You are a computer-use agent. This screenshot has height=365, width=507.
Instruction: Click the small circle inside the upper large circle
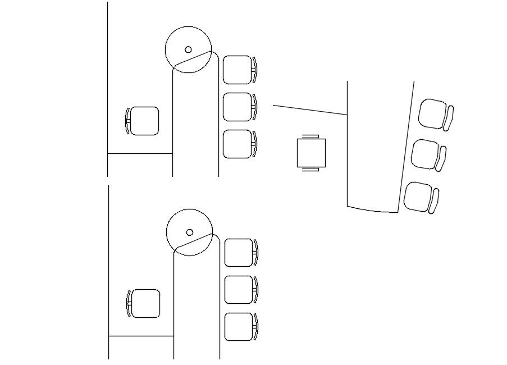188,49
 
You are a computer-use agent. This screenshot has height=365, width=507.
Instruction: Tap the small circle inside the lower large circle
190,232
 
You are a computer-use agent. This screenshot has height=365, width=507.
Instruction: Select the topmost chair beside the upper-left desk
238,70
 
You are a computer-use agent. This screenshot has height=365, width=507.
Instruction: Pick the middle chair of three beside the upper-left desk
238,107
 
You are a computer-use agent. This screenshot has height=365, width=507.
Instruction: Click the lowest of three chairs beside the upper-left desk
238,144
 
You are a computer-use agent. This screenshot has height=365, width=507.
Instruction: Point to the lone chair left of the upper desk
144,121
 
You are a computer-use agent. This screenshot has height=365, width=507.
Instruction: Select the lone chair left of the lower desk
145,303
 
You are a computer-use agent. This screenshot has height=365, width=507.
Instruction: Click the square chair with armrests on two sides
311,153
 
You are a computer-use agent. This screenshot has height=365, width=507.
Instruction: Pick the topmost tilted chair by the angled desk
433,113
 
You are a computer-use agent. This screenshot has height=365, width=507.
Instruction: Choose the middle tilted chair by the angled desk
426,154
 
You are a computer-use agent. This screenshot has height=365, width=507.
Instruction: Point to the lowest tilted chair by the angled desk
418,197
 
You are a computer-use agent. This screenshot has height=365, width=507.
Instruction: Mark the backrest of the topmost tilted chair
449,118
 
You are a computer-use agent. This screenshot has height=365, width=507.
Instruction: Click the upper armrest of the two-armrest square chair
311,136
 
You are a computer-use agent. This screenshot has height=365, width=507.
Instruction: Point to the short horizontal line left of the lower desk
140,336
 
